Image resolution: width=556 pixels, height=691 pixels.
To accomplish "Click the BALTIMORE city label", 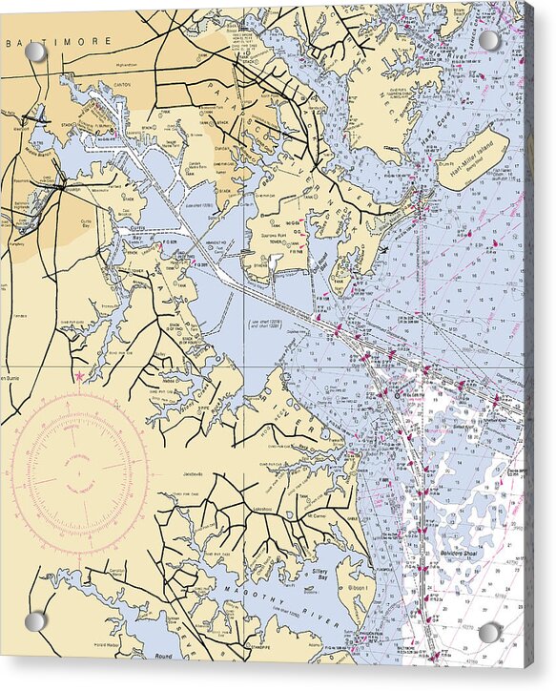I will (58, 42).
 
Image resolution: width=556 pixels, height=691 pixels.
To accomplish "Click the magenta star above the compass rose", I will (79, 377).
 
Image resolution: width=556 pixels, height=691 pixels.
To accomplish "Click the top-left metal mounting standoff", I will (35, 52).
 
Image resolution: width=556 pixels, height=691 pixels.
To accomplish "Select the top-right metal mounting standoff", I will (489, 40).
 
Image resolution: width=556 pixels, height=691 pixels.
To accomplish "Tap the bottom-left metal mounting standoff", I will (35, 621).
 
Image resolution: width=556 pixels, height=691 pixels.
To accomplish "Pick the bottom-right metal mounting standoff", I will (489, 632).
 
